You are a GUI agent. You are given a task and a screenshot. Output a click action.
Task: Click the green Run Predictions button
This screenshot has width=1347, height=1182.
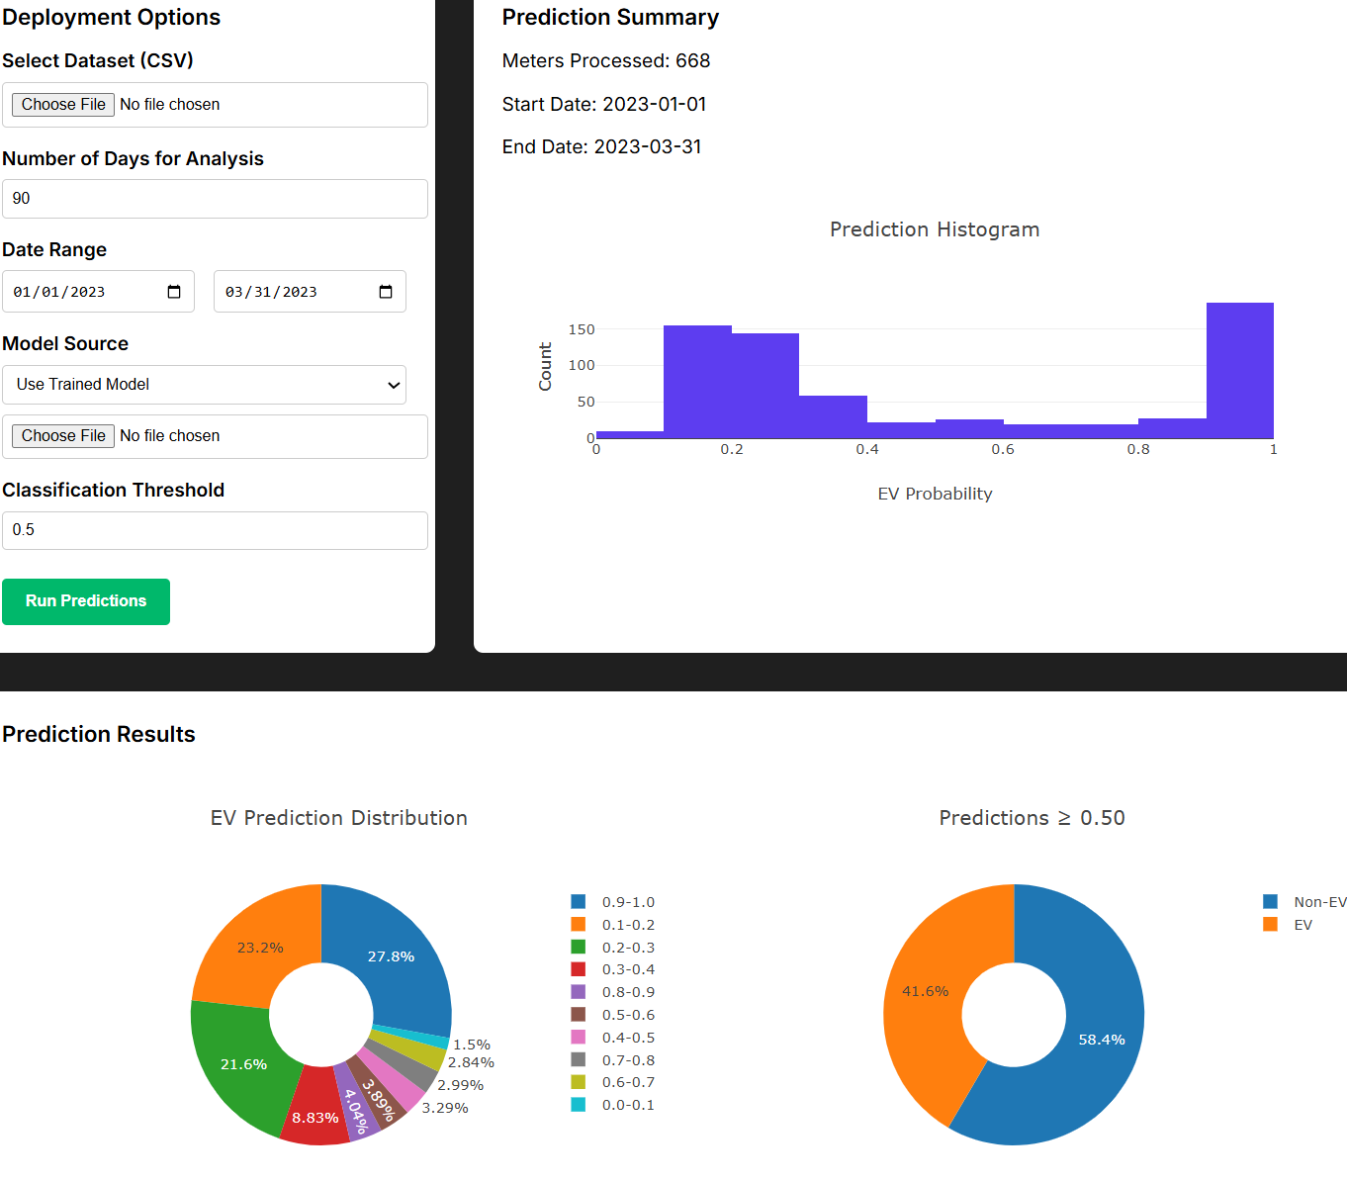point(86,601)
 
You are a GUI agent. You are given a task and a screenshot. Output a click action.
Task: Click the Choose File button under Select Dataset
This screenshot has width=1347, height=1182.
point(63,105)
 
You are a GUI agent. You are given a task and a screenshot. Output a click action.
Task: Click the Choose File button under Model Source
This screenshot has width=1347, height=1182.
point(63,436)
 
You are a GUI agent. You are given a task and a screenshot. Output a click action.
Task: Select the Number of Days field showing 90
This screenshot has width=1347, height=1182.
point(215,199)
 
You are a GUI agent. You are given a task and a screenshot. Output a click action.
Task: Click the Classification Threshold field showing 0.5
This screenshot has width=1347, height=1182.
point(215,530)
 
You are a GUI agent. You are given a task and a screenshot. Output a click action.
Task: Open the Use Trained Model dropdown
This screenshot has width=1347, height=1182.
point(204,385)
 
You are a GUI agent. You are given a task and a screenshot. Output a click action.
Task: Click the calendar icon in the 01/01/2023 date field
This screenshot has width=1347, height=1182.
point(174,292)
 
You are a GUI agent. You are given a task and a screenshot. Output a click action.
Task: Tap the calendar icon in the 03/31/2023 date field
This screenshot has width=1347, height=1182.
point(386,292)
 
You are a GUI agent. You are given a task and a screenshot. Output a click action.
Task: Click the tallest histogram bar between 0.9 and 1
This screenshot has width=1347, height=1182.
point(1239,371)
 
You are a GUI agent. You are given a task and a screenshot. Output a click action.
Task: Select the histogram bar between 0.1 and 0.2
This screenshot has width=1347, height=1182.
point(697,382)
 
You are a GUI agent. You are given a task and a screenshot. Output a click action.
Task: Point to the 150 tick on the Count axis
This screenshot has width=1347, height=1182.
point(582,329)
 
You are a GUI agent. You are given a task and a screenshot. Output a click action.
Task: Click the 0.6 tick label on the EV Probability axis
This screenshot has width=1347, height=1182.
point(1003,450)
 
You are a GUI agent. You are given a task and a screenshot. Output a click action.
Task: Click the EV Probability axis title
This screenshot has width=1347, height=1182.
point(935,494)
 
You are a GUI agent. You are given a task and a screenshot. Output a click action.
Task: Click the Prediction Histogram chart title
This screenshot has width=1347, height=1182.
point(935,229)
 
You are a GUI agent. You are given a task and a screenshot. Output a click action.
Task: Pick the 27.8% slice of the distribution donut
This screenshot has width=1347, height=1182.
point(391,955)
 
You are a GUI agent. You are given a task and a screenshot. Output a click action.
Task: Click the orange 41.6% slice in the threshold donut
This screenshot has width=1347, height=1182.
point(925,991)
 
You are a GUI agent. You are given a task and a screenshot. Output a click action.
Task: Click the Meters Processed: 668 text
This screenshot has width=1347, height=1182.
point(606,61)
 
